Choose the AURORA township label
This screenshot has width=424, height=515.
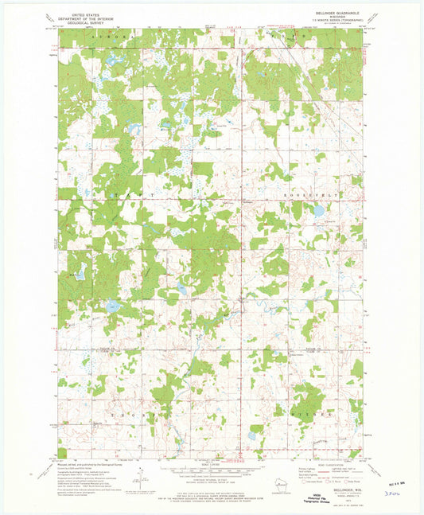103,37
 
